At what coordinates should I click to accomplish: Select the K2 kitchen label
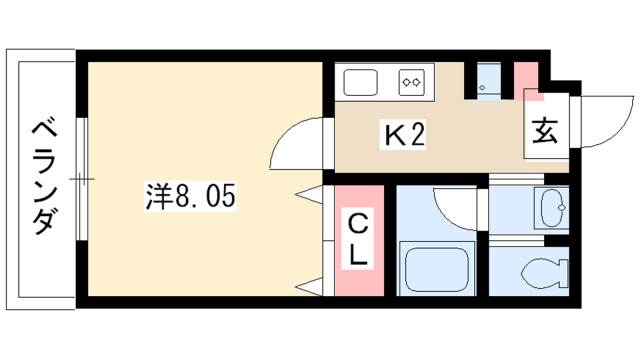tap(406, 134)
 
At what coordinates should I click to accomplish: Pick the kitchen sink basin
tap(362, 81)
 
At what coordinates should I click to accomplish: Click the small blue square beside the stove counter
tap(487, 81)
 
